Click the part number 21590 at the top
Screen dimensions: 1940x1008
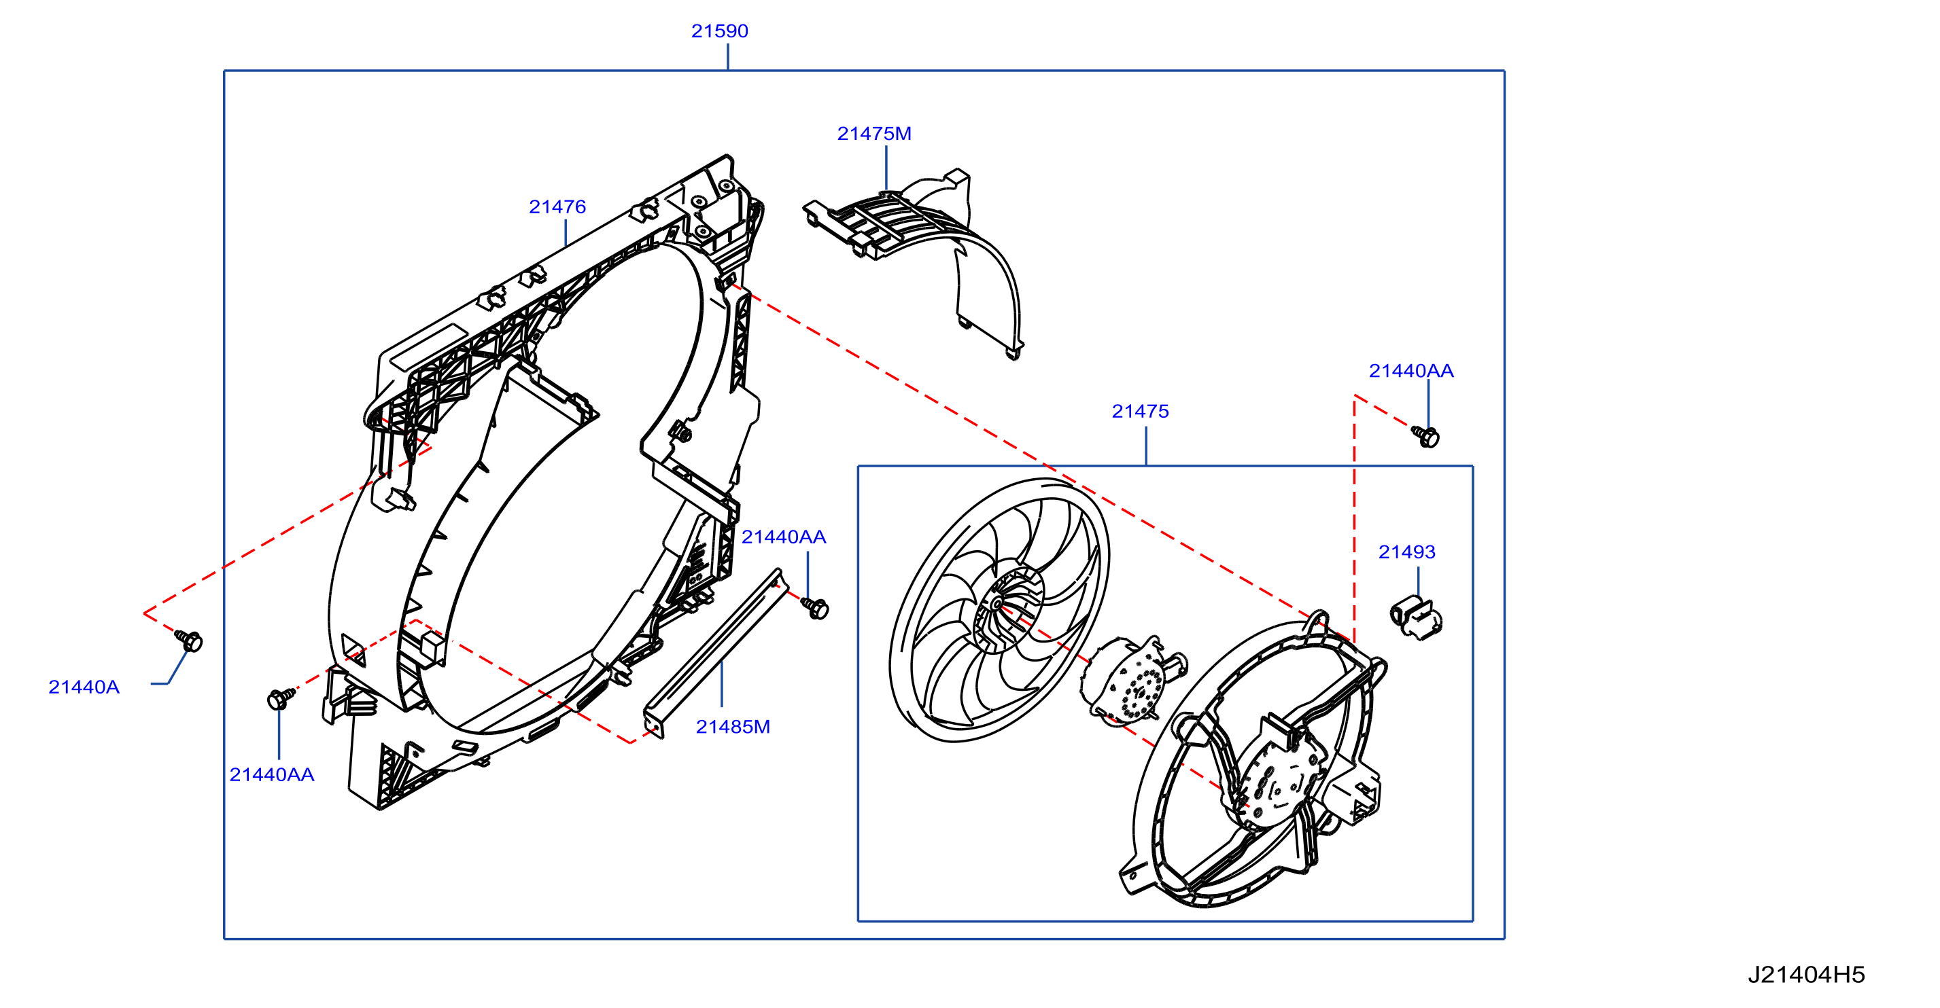719,31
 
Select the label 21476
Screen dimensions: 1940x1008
557,206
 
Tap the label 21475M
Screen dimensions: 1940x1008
874,133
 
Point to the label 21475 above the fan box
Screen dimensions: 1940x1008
1140,411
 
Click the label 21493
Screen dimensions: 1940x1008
1407,552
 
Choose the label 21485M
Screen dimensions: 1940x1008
733,726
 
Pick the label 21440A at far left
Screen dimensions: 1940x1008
84,687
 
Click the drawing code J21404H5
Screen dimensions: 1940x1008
1806,975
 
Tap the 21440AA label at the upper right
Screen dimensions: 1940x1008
1411,370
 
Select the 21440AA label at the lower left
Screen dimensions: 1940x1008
272,774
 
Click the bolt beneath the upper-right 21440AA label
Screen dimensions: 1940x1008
1425,437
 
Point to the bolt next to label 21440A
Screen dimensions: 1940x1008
189,641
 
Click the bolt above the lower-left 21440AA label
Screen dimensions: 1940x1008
281,698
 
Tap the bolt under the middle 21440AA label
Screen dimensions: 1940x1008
815,607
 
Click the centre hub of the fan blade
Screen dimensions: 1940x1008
997,604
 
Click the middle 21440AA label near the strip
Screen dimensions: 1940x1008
784,537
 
